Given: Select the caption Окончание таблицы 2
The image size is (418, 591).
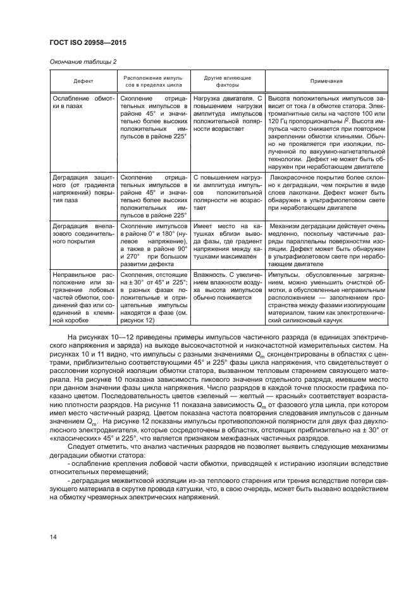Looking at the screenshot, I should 82,61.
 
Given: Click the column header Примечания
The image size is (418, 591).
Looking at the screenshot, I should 326,81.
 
